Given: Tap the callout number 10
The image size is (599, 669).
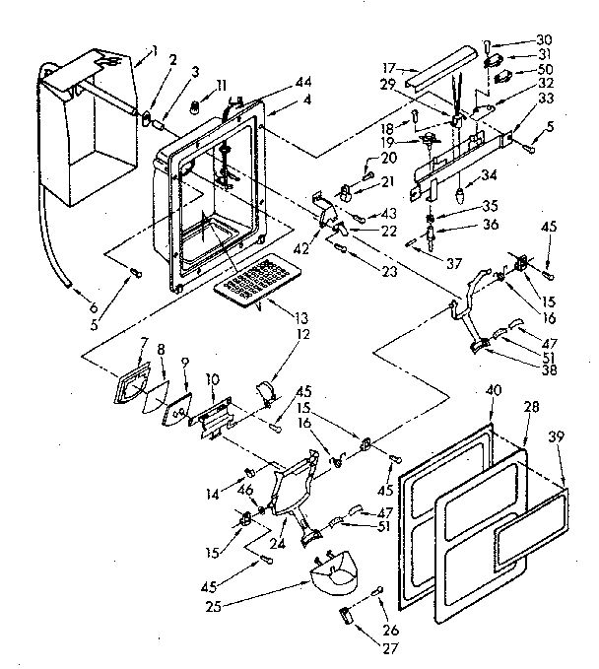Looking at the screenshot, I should coord(212,380).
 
